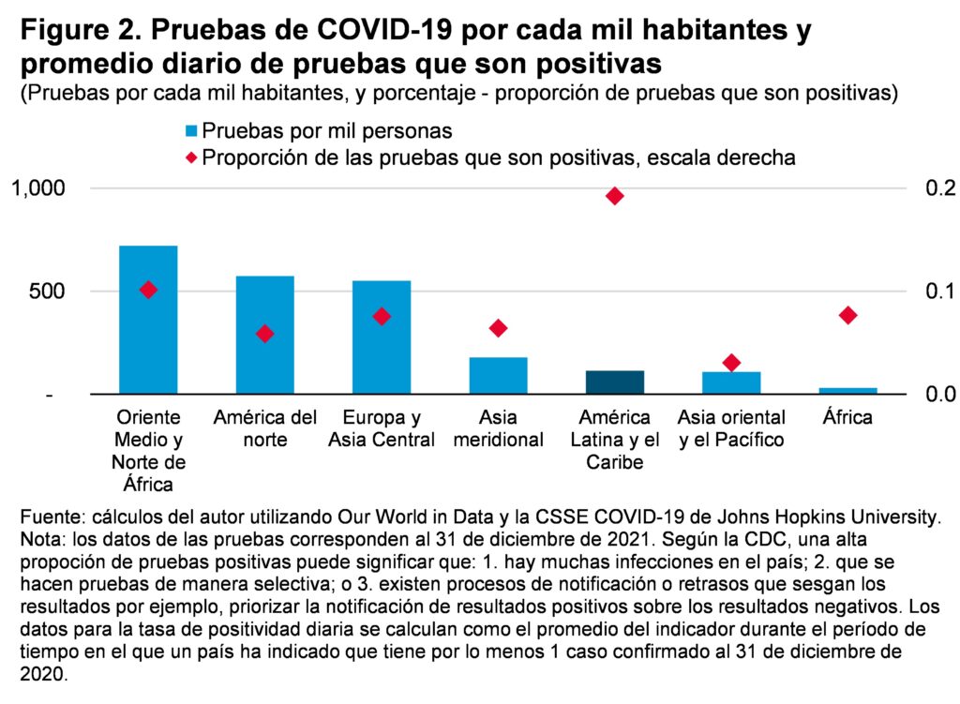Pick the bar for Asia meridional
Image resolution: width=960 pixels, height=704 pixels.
click(x=498, y=376)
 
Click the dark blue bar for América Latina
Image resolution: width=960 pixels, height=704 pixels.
click(x=615, y=382)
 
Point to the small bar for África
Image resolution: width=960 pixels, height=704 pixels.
click(x=847, y=391)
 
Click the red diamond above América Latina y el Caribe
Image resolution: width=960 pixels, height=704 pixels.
click(x=615, y=196)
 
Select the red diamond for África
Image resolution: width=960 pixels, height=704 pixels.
click(x=848, y=315)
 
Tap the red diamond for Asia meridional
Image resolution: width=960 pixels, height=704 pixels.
click(x=498, y=328)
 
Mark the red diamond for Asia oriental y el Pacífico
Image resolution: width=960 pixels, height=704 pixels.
click(x=731, y=363)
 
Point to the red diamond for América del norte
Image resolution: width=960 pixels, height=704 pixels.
click(x=265, y=334)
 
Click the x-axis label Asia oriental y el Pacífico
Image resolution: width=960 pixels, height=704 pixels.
click(x=731, y=428)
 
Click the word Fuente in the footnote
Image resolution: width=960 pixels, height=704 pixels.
click(x=49, y=517)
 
